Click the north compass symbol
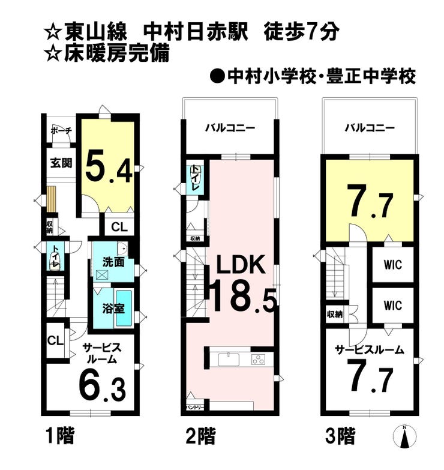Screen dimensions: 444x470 [x=405, y=437]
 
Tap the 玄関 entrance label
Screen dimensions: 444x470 [x=61, y=163]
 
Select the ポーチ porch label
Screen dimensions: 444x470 [x=61, y=131]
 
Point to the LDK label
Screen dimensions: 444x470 [x=241, y=264]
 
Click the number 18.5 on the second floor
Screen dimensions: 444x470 [x=243, y=297]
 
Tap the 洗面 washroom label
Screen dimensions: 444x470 [x=113, y=262]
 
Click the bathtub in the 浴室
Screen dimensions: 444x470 [x=124, y=309]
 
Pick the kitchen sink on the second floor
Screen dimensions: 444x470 [x=229, y=360]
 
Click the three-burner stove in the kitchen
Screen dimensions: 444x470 [x=258, y=360]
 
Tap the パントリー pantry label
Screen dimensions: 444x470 [x=195, y=408]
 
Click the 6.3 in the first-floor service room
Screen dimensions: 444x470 [x=102, y=388]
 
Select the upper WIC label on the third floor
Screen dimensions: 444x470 [x=393, y=265]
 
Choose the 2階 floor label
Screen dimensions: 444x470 [x=201, y=436]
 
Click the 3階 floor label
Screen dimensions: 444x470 [x=340, y=436]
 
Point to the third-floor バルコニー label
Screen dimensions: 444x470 [x=370, y=128]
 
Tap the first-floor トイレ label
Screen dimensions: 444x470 [x=55, y=257]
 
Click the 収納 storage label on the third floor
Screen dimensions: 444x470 [x=335, y=315]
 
